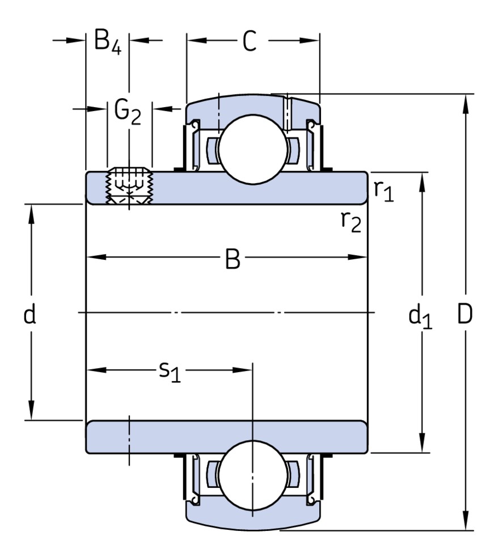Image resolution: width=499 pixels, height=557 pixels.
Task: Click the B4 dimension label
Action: (x=107, y=43)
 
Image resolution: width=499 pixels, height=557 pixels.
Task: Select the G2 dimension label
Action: (x=127, y=111)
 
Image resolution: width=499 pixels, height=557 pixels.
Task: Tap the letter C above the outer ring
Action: (x=250, y=41)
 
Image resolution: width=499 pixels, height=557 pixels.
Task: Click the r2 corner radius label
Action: (x=351, y=221)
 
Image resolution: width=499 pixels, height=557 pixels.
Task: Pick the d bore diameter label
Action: (x=30, y=313)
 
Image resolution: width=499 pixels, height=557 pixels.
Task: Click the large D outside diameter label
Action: (x=465, y=314)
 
